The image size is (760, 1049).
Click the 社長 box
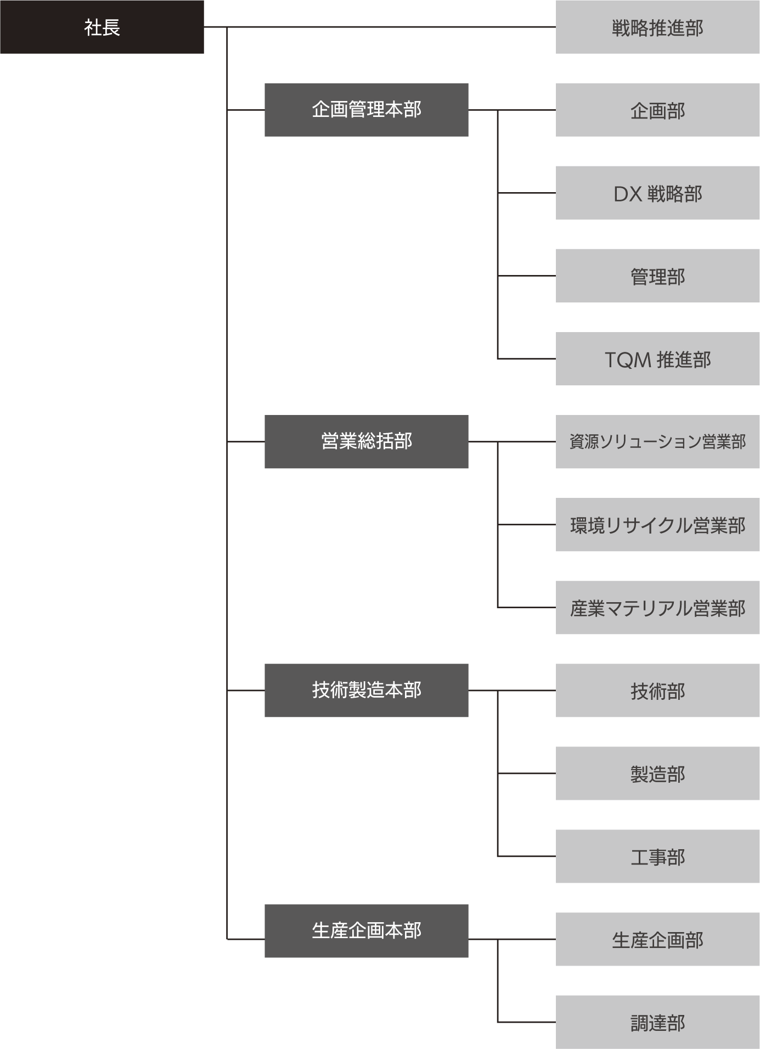point(102,27)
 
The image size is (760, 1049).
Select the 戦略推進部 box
point(657,27)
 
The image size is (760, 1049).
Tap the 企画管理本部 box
point(366,110)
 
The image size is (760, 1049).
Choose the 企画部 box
point(657,110)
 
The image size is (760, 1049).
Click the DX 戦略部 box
point(657,193)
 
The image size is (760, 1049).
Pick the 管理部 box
point(657,276)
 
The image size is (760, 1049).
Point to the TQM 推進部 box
point(657,358)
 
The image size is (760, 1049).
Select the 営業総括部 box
point(366,442)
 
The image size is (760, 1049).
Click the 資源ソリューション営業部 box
point(657,442)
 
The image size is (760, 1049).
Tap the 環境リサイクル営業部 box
point(657,525)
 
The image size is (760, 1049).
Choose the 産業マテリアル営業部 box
point(657,608)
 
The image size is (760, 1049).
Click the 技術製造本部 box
point(366,691)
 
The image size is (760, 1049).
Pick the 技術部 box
point(657,691)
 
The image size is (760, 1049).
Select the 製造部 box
point(657,773)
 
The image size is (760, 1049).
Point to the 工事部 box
point(657,856)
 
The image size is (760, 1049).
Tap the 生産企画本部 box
point(366,931)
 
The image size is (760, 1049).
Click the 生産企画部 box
point(657,939)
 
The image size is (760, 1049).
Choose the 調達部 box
point(657,1022)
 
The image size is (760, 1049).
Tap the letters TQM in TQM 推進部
point(628,360)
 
